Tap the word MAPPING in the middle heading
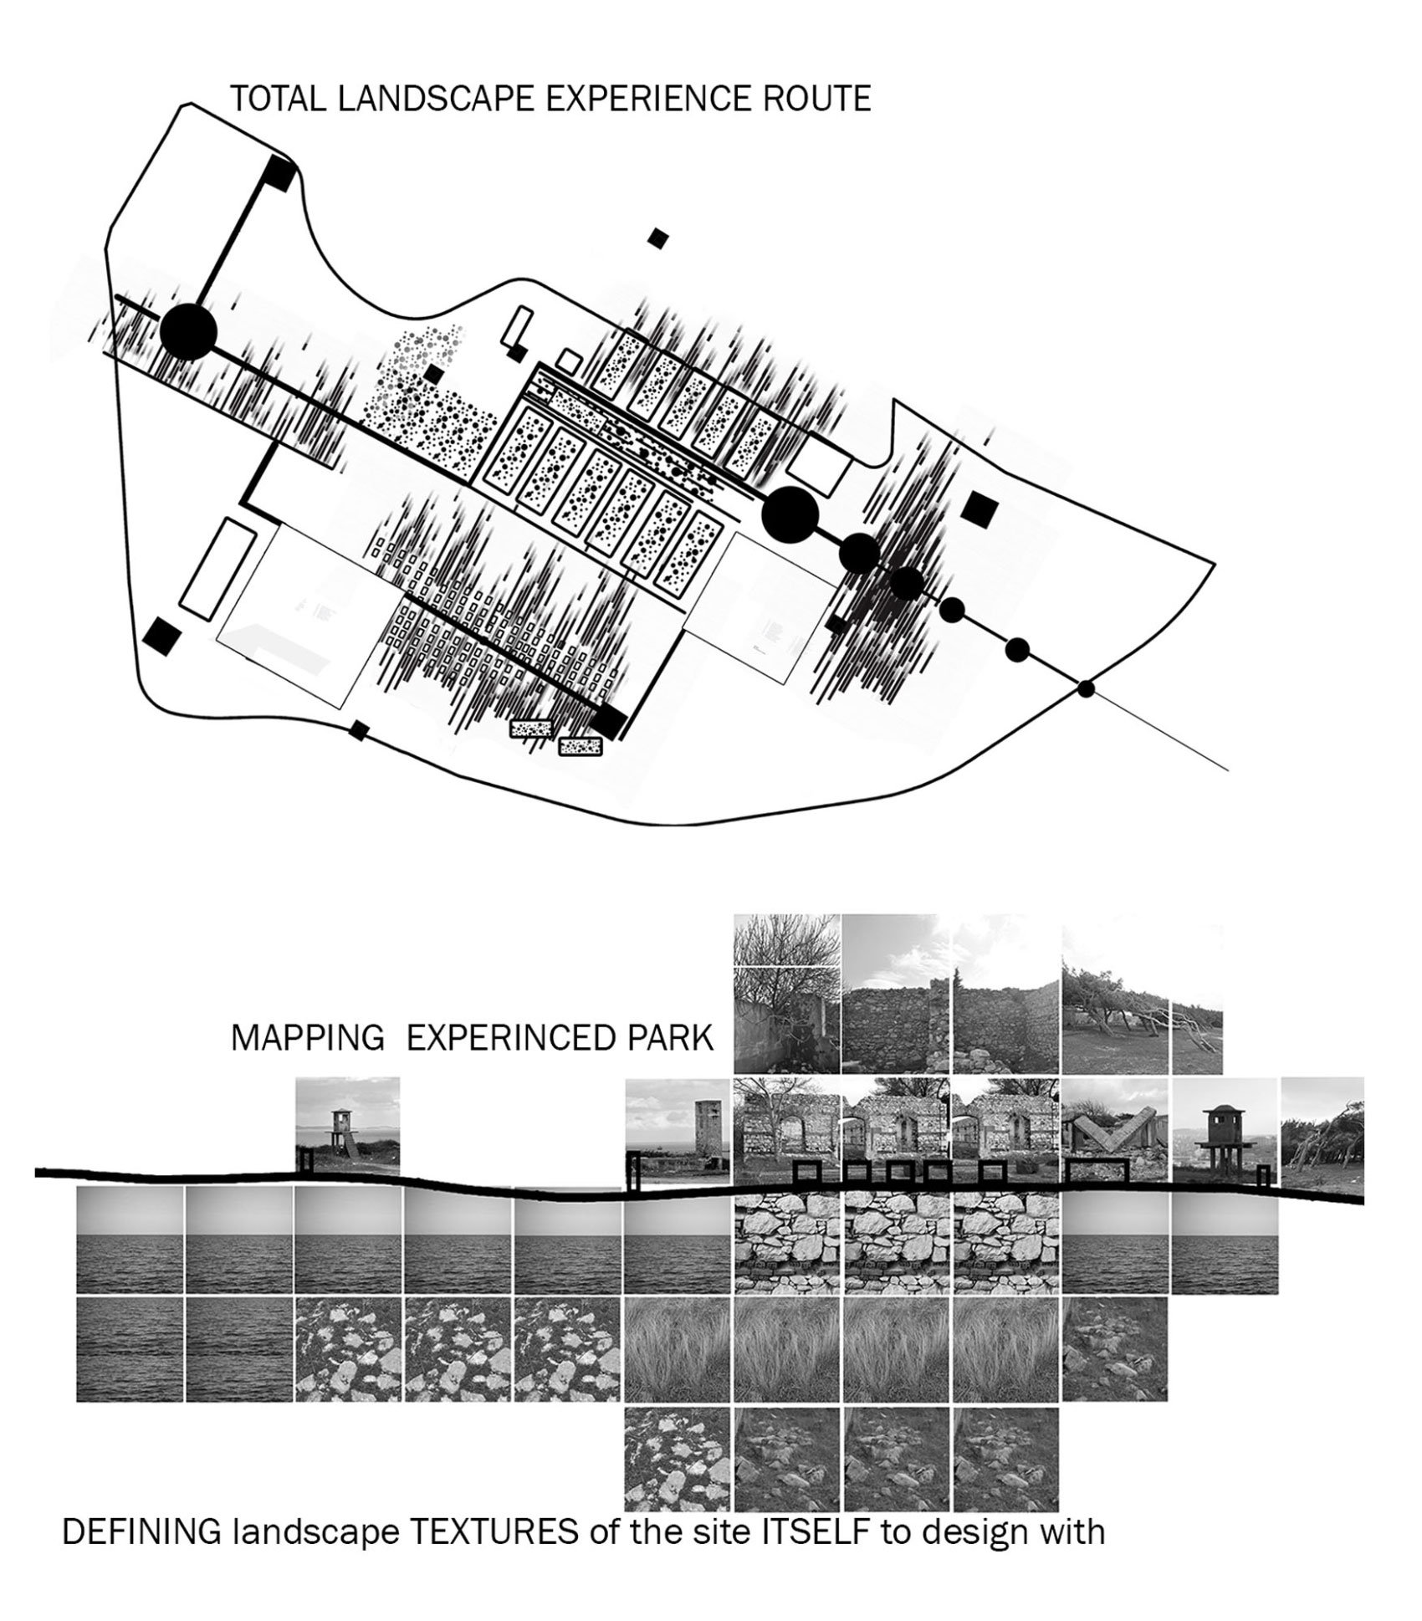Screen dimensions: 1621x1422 click(307, 1038)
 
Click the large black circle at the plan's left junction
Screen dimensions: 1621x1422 click(188, 332)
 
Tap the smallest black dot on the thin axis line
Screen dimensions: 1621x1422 click(1086, 689)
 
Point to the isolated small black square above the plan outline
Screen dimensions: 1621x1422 click(658, 238)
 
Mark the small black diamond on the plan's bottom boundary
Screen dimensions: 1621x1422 click(359, 730)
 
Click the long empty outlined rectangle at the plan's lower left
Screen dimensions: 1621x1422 click(217, 569)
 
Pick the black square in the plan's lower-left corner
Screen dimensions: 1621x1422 click(161, 637)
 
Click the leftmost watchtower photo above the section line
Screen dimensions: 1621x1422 click(347, 1125)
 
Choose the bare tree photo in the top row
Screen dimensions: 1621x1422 click(786, 993)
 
